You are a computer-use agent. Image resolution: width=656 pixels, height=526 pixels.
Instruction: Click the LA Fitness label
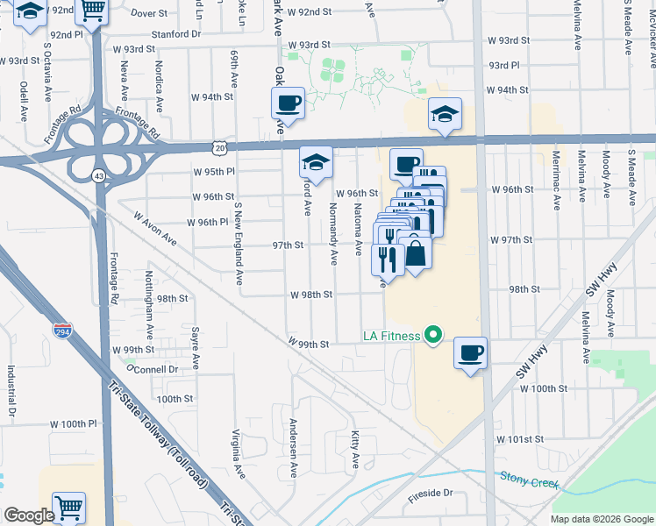pyautogui.click(x=390, y=336)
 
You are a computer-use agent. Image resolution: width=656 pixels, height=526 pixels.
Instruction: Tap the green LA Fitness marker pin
pyautogui.click(x=431, y=335)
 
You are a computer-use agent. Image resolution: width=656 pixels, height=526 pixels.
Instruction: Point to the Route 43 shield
pyautogui.click(x=100, y=177)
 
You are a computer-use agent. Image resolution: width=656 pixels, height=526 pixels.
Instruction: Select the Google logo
pyautogui.click(x=29, y=515)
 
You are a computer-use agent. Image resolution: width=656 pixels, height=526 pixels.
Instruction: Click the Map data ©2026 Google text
pyautogui.click(x=601, y=519)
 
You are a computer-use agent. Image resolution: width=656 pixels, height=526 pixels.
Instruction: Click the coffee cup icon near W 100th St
pyautogui.click(x=471, y=353)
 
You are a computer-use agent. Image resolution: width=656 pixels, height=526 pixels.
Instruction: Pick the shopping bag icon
pyautogui.click(x=417, y=253)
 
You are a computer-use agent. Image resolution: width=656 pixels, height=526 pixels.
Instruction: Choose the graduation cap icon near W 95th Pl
pyautogui.click(x=316, y=162)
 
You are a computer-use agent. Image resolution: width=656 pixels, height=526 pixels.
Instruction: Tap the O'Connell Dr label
pyautogui.click(x=153, y=369)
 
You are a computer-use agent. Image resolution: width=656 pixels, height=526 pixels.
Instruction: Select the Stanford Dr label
pyautogui.click(x=175, y=34)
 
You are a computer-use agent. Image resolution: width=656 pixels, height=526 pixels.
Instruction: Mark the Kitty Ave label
pyautogui.click(x=355, y=448)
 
